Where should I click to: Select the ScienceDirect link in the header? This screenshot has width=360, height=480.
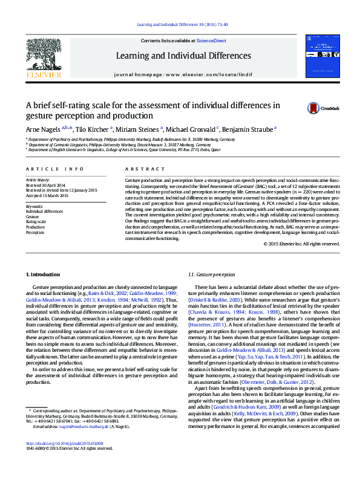(x=212, y=41)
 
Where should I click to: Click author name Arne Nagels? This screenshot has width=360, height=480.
(x=42, y=129)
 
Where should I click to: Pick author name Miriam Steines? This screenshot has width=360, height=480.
(x=139, y=129)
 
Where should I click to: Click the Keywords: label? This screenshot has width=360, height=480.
(x=34, y=207)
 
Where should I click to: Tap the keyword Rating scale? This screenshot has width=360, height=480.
(x=36, y=222)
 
